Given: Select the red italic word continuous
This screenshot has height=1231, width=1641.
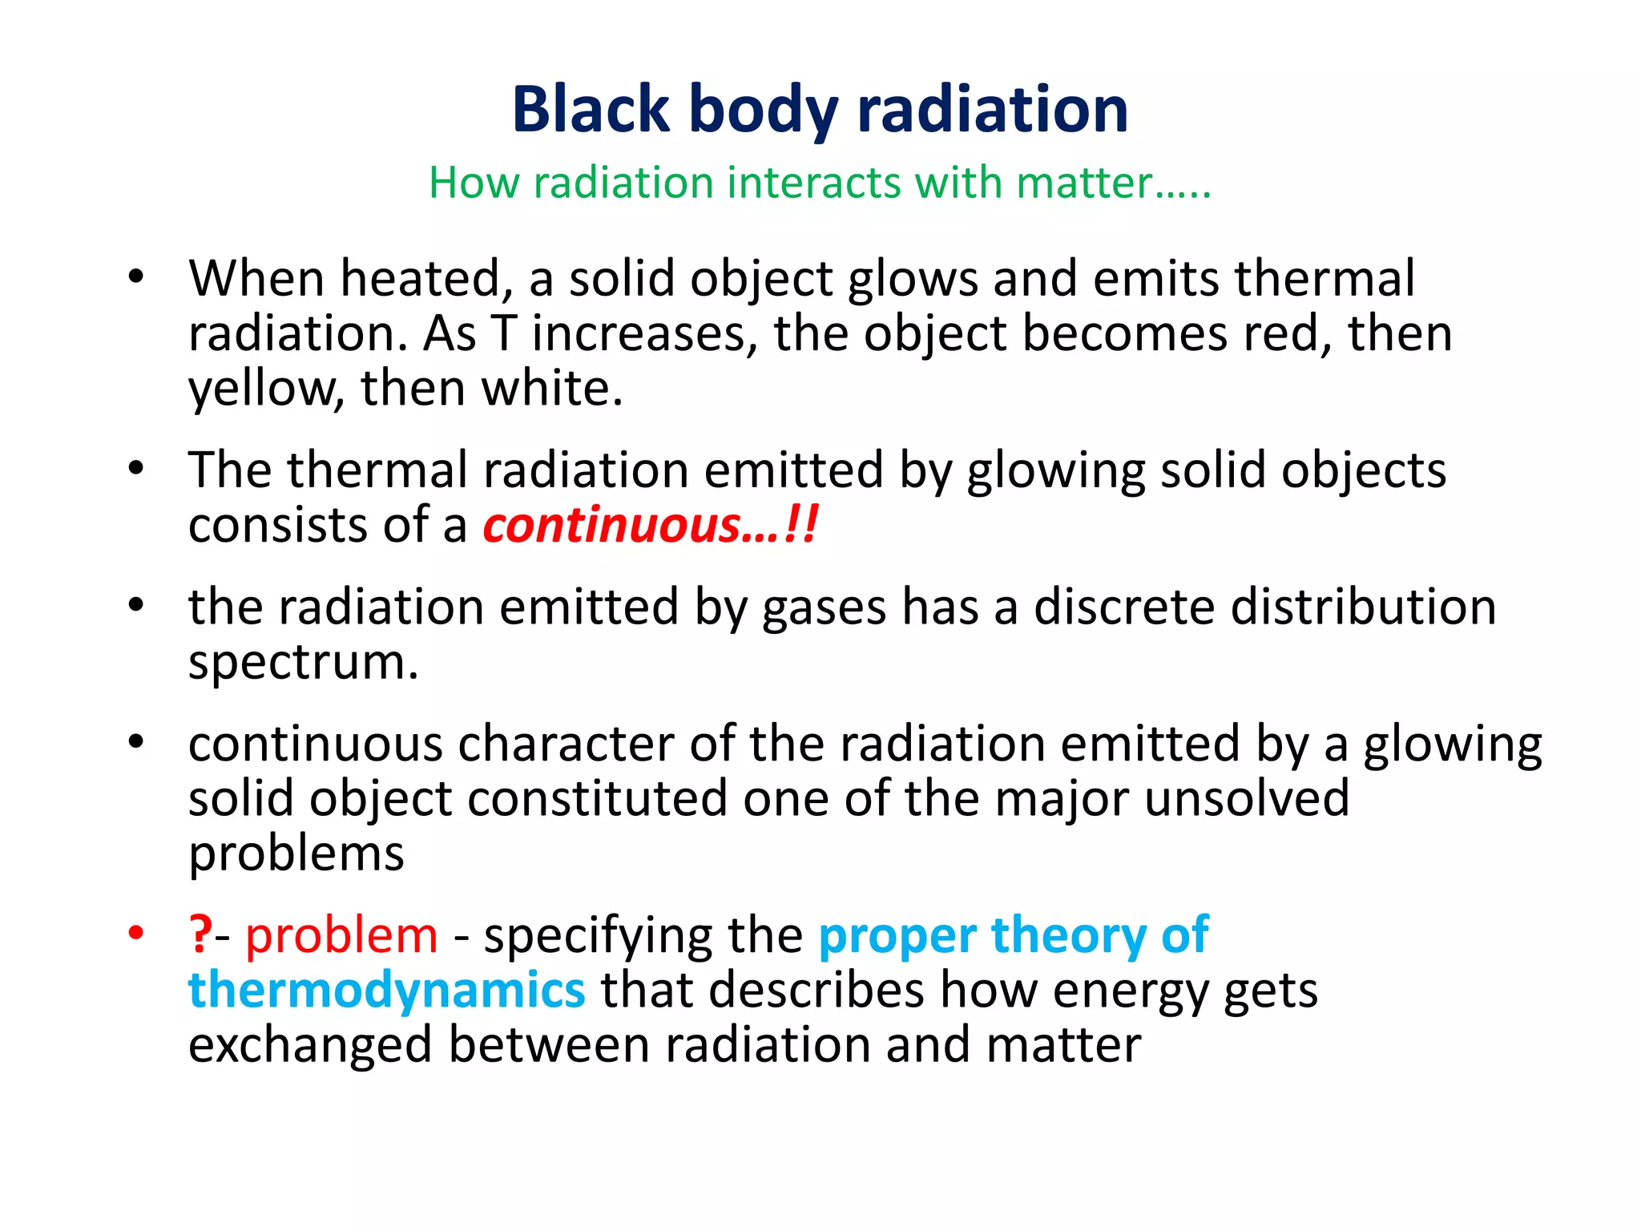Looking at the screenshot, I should coord(612,526).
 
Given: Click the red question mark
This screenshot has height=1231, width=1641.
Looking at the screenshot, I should coord(200,934).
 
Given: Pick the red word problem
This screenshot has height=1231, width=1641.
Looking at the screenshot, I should coord(341,936).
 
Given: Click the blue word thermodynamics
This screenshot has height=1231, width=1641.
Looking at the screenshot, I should coord(387,991).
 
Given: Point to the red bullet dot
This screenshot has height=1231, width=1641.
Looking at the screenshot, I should coord(136,933).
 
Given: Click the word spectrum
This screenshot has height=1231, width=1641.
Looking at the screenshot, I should coord(303,664).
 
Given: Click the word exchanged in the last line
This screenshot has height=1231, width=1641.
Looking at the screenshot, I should coord(309,1045).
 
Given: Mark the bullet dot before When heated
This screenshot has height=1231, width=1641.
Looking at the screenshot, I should coord(136,277).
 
